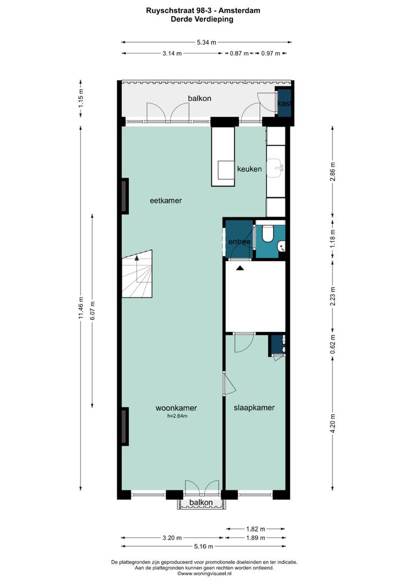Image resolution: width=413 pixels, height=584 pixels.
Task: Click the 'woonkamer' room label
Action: [176, 408]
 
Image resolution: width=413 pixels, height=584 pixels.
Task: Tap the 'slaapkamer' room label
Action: [254, 408]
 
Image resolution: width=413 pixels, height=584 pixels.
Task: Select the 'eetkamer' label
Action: [165, 200]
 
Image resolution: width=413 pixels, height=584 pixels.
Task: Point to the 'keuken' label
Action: [249, 169]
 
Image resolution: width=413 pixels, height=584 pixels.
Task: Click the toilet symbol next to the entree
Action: [267, 235]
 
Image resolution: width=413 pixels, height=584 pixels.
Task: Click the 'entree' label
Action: [239, 242]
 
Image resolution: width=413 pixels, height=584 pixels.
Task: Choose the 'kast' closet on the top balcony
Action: [284, 103]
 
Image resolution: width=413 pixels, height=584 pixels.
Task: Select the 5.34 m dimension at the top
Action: [206, 42]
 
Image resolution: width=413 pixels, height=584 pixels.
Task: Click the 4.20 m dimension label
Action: [332, 422]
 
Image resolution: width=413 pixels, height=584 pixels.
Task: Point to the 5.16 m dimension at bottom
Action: [206, 547]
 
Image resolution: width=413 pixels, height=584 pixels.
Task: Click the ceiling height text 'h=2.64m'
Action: [176, 416]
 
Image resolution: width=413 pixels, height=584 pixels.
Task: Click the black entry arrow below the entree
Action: [239, 267]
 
